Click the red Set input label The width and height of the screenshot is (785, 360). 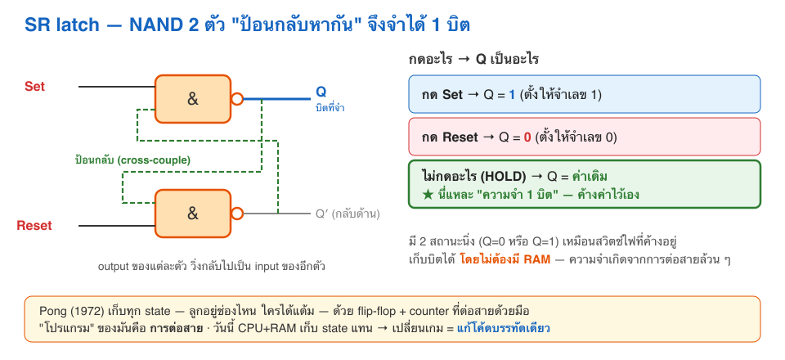pyautogui.click(x=34, y=87)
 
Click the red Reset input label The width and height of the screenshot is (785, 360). pyautogui.click(x=34, y=225)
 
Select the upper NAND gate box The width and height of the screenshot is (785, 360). pyautogui.click(x=193, y=99)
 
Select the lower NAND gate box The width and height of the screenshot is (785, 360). pyautogui.click(x=193, y=214)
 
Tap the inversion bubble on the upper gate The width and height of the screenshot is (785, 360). pyautogui.click(x=237, y=99)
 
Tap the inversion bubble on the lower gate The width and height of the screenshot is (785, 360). pyautogui.click(x=237, y=214)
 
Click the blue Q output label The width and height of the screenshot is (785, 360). pyautogui.click(x=321, y=92)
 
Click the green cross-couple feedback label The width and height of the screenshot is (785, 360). pyautogui.click(x=132, y=160)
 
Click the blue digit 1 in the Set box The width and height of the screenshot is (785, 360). pyautogui.click(x=512, y=95)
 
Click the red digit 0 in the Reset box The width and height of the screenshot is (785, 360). pyautogui.click(x=527, y=137)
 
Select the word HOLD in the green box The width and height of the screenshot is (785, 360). pyautogui.click(x=508, y=176)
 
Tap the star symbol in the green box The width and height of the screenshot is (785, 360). pyautogui.click(x=428, y=194)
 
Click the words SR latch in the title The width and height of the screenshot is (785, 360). pyautogui.click(x=61, y=25)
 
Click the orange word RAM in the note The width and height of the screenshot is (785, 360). pyautogui.click(x=539, y=259)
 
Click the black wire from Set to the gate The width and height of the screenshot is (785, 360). pyautogui.click(x=117, y=87)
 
